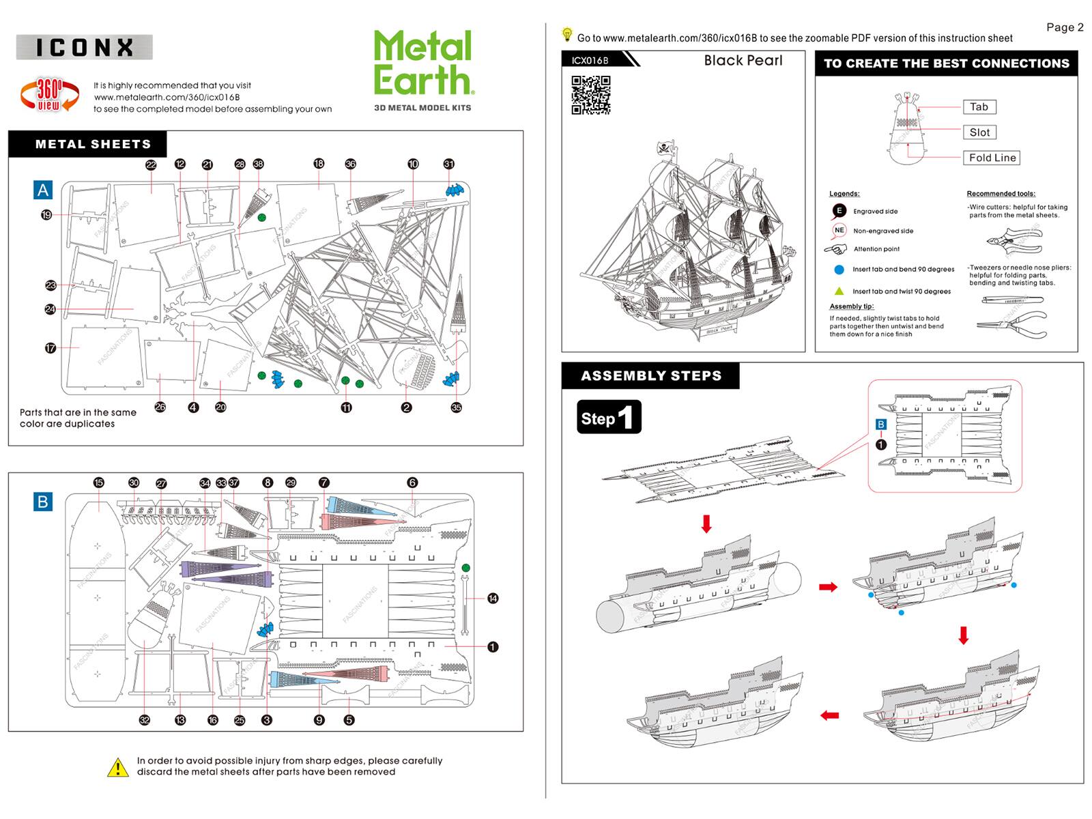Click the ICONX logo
pyautogui.click(x=84, y=47)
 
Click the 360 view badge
pyautogui.click(x=49, y=94)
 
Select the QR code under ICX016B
pyautogui.click(x=590, y=95)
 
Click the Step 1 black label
pyautogui.click(x=609, y=417)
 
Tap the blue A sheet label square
pyautogui.click(x=43, y=190)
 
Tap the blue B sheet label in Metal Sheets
pyautogui.click(x=43, y=502)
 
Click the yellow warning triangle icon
pyautogui.click(x=118, y=768)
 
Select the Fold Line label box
pyautogui.click(x=992, y=158)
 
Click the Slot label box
pyautogui.click(x=979, y=132)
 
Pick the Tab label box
pyautogui.click(x=979, y=107)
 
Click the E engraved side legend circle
pyautogui.click(x=839, y=211)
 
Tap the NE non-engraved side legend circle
pyautogui.click(x=839, y=230)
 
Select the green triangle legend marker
pyautogui.click(x=839, y=291)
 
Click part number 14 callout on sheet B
pyautogui.click(x=493, y=599)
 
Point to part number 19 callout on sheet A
pyautogui.click(x=46, y=215)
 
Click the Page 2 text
pyautogui.click(x=1065, y=27)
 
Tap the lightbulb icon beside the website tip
pyautogui.click(x=566, y=34)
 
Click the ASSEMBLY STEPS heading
pyautogui.click(x=650, y=376)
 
